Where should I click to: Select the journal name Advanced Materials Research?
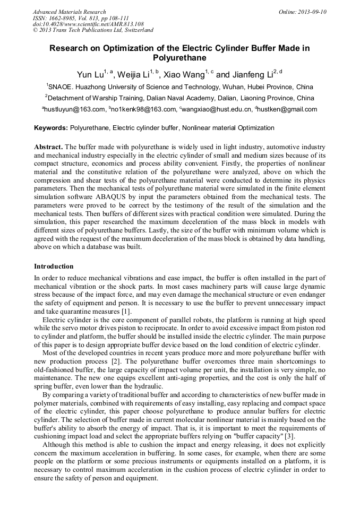pos(70,12)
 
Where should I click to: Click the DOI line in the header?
pos(88,24)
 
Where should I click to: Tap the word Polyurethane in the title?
pos(179,58)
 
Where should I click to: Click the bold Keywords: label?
pos(51,128)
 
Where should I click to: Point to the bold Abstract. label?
pos(48,146)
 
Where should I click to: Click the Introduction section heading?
pos(54,266)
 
